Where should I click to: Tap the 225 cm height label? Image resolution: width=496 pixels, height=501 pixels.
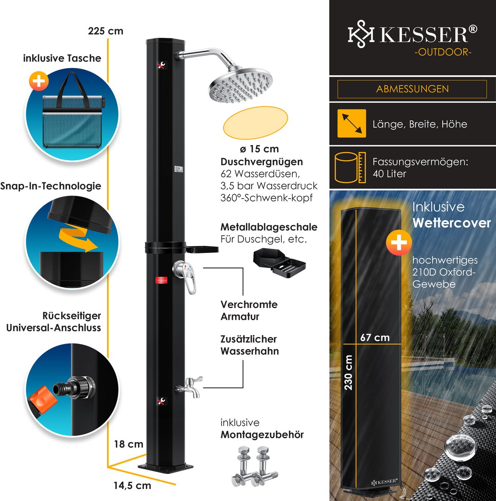(105, 31)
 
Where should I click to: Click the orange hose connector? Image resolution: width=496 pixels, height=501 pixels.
(41, 400)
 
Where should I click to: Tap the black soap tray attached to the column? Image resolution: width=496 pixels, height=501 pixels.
(202, 250)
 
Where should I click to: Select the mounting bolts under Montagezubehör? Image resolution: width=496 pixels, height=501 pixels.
(255, 466)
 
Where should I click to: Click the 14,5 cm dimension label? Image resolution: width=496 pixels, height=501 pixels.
(132, 486)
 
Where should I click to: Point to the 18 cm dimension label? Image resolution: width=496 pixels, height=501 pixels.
(128, 444)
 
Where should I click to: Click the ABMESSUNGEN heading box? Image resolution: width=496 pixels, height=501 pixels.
(412, 89)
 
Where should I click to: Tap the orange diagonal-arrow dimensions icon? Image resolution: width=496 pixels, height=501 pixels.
(351, 124)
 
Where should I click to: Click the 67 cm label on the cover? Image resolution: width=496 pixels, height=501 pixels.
(375, 337)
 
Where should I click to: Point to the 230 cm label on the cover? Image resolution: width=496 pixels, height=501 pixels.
(349, 372)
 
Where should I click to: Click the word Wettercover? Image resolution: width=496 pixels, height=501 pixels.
(451, 223)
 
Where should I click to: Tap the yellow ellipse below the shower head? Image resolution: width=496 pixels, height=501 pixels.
(256, 122)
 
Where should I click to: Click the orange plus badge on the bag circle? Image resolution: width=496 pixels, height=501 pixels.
(39, 81)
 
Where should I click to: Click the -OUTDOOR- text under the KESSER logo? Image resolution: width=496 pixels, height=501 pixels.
(443, 52)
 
